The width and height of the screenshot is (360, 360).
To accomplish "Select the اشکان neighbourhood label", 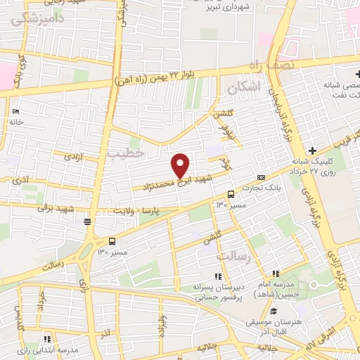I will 245,86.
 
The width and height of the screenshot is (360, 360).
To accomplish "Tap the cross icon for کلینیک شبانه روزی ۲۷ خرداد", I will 311,149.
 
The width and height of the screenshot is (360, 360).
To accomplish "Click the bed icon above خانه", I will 15,111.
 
